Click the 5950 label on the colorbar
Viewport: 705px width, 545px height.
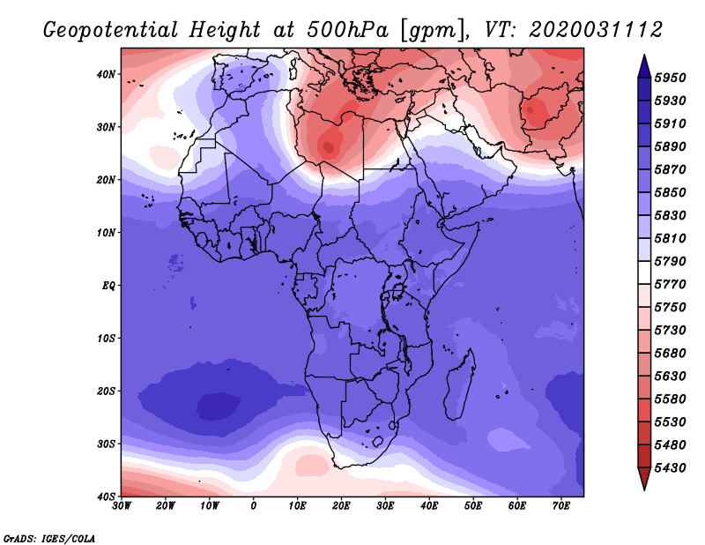(670, 78)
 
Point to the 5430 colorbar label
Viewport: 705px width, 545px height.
(670, 468)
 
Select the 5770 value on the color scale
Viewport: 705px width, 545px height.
(670, 285)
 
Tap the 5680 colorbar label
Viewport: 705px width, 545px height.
(670, 354)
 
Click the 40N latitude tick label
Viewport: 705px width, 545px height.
(106, 74)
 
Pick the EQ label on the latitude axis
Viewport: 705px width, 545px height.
(108, 286)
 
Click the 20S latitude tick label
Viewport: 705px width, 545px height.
(106, 391)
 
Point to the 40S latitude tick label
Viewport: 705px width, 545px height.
(106, 496)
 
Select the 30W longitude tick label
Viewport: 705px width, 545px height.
(122, 506)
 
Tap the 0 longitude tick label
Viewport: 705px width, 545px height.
(254, 506)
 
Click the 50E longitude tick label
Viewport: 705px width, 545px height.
(473, 506)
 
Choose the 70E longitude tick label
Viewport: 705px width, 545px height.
(561, 506)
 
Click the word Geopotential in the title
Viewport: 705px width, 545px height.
(111, 31)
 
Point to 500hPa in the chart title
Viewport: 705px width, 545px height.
(347, 30)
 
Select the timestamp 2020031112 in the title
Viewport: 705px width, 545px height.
(596, 30)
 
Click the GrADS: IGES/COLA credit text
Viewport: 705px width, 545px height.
(49, 538)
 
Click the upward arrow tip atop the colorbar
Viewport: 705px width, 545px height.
(644, 56)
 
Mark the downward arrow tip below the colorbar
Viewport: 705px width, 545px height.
(644, 490)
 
